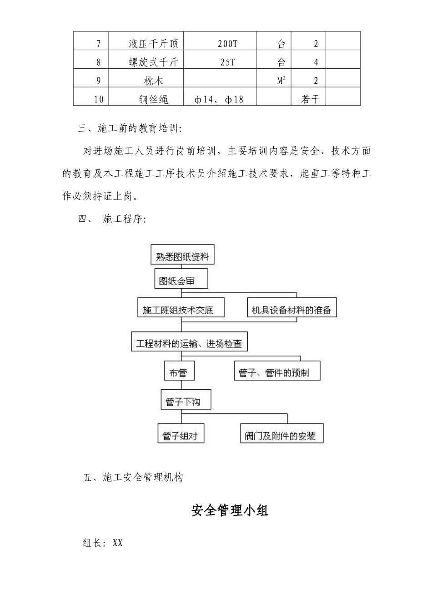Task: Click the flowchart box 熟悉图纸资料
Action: point(182,256)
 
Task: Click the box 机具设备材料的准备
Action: point(291,310)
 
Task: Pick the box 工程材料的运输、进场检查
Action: point(189,343)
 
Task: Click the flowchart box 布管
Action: point(178,372)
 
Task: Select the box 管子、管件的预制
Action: point(276,372)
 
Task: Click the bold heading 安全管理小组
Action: point(230,510)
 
